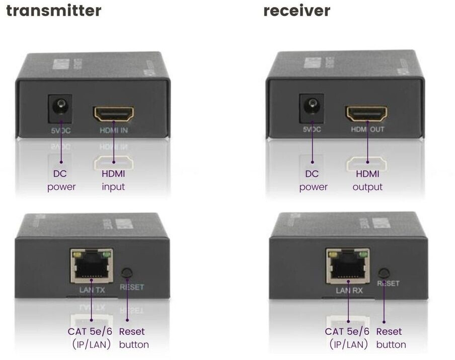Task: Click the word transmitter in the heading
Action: [53, 10]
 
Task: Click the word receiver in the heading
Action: [297, 10]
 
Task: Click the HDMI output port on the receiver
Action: [366, 113]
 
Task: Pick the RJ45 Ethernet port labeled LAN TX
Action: [91, 265]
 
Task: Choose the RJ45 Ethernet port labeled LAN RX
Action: [347, 265]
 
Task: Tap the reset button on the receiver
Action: [385, 273]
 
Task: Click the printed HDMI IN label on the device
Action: [113, 132]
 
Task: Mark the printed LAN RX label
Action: [347, 291]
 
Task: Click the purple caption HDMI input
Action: [113, 180]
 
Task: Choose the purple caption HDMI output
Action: [367, 180]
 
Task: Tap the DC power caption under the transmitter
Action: [61, 180]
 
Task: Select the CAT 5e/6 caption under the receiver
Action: [347, 338]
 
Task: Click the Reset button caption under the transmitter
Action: [133, 338]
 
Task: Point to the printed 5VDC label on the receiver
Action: [312, 129]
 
